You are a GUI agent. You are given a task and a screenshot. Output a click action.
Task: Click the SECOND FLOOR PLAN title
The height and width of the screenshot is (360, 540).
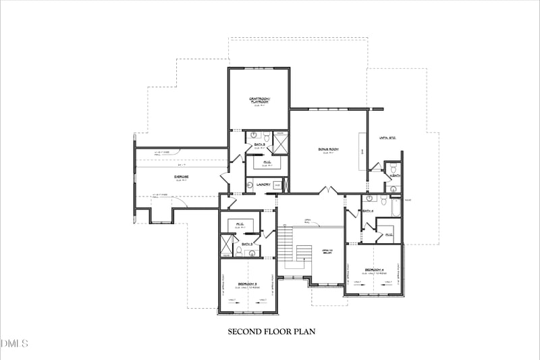(271, 332)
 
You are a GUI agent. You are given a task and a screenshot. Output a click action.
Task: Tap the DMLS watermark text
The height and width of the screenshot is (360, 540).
(15, 344)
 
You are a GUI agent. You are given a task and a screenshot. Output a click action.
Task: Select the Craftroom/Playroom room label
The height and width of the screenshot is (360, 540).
(259, 100)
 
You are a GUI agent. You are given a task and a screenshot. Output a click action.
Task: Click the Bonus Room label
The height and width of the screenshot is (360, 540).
(329, 149)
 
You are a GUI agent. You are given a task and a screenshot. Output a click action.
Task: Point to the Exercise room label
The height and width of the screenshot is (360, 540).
(180, 177)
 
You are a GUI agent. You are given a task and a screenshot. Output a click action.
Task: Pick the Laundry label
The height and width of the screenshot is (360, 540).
(263, 184)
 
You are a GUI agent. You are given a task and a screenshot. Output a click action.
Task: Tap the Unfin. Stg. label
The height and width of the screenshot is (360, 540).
(387, 138)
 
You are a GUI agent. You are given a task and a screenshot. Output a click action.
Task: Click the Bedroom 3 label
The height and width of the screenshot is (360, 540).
(248, 283)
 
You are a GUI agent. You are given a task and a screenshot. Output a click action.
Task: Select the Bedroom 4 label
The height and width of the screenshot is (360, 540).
(374, 270)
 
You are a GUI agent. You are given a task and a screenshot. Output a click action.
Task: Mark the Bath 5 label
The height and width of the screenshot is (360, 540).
(259, 145)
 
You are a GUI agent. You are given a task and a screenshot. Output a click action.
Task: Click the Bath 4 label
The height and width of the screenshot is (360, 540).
(368, 211)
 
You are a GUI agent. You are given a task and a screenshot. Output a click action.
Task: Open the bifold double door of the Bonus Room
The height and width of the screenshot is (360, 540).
(329, 191)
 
